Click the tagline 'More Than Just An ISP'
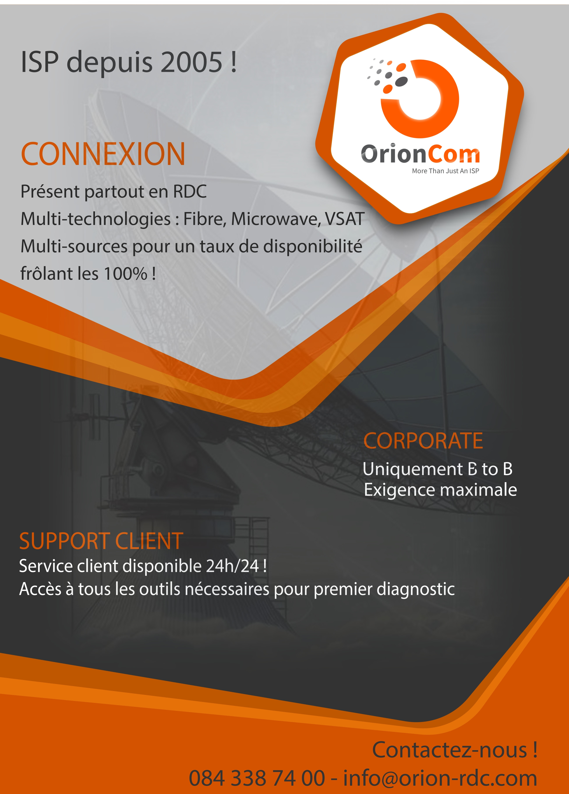click(445, 171)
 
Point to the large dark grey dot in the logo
click(401, 81)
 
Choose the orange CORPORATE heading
click(423, 440)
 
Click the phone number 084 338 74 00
click(257, 778)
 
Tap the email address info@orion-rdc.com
click(440, 778)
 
